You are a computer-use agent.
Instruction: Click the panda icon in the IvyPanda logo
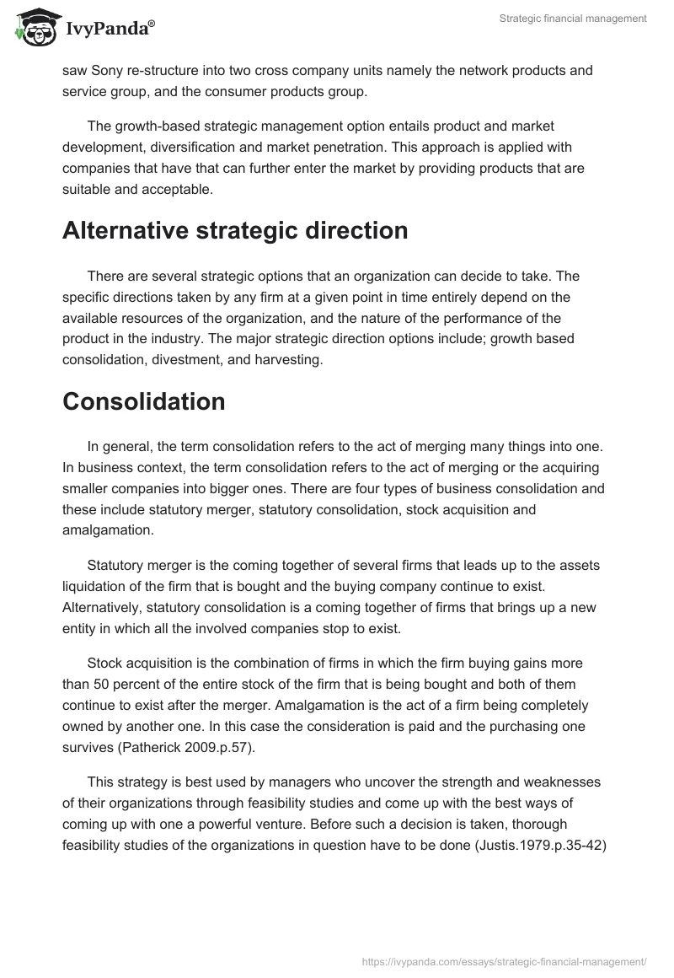(35, 28)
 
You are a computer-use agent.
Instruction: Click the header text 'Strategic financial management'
(572, 18)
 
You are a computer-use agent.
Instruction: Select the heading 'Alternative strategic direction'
(235, 230)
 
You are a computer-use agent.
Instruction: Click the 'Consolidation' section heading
(143, 401)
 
